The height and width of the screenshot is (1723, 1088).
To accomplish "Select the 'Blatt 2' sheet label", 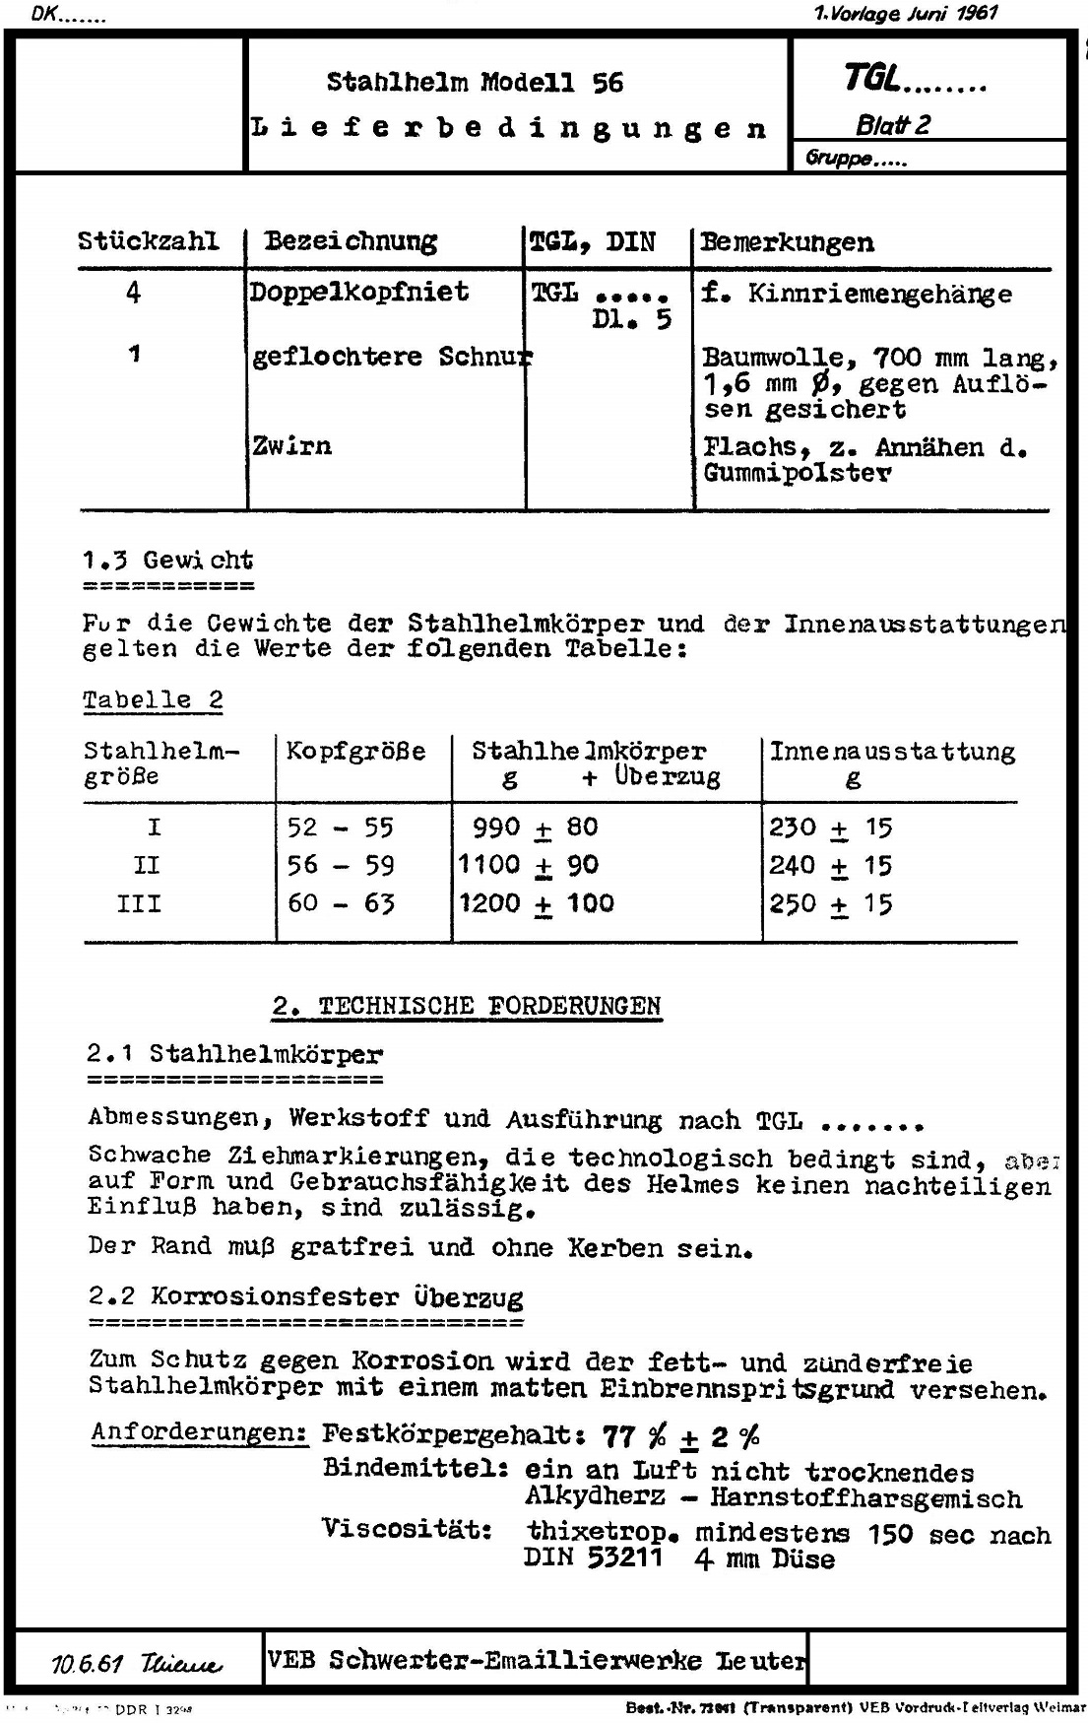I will pos(892,125).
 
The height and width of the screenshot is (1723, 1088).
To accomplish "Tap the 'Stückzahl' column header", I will pos(148,241).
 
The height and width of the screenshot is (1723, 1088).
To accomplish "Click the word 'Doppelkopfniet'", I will pos(358,292).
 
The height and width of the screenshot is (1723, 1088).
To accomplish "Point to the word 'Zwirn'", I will pos(291,445).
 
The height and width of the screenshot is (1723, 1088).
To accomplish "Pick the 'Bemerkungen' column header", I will pos(786,242).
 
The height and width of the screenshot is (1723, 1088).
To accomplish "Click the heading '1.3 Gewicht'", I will pos(167,561).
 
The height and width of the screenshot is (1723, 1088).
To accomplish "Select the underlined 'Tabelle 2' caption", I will pos(153,700).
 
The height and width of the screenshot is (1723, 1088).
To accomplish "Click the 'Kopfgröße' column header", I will pos(355,752).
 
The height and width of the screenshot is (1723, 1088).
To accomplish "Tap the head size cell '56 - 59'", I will pos(341,865).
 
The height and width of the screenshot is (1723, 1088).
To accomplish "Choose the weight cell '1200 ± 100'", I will pos(537,903).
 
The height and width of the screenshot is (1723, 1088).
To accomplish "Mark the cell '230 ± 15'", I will pos(830,827).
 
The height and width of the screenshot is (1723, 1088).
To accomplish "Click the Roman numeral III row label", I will pos(139,903).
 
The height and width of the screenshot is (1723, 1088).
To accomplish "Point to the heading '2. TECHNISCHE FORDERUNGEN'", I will pos(467,1006).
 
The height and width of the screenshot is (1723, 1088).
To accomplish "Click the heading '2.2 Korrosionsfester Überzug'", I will pos(305,1296).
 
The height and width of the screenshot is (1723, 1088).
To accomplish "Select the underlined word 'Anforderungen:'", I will pos(200,1431).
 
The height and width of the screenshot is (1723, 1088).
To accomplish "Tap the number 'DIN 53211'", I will pos(593,1558).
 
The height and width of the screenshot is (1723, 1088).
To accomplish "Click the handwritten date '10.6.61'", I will pos(88,1664).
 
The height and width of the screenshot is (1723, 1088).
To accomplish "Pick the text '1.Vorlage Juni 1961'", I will pos(906,13).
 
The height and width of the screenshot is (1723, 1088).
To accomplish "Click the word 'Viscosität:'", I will pos(407,1529).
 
